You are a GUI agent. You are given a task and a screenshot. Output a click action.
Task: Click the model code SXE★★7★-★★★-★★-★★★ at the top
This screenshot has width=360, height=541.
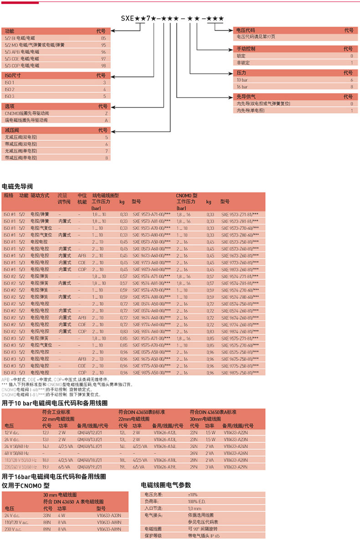pyautogui.click(x=172, y=19)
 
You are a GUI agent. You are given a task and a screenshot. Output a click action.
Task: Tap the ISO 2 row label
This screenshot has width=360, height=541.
pyautogui.click(x=10, y=89)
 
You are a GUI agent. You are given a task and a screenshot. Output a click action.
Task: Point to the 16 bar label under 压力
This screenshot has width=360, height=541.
pyautogui.click(x=242, y=87)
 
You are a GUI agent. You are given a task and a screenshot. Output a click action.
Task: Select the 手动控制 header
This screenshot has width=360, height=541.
pyautogui.click(x=247, y=48)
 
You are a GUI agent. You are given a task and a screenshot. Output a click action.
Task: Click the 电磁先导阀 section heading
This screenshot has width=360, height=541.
pyautogui.click(x=17, y=186)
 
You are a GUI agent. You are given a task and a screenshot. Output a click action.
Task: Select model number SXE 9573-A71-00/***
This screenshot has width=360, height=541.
pyautogui.click(x=151, y=214)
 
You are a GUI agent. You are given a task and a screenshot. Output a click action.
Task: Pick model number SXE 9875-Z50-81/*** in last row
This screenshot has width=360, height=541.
pyautogui.click(x=240, y=373)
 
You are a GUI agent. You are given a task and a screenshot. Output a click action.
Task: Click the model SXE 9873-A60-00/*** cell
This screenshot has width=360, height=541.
pyautogui.click(x=152, y=269)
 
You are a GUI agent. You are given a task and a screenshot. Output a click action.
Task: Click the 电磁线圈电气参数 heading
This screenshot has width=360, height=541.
pyautogui.click(x=166, y=485)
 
